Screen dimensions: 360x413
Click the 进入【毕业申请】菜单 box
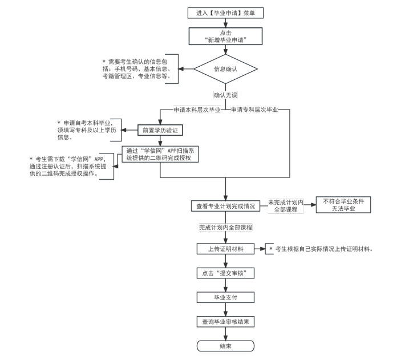click(225, 12)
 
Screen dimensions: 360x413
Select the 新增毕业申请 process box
click(225, 37)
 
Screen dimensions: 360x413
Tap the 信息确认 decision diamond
click(225, 70)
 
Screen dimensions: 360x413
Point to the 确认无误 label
click(225, 95)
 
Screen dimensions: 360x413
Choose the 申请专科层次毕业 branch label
click(254, 110)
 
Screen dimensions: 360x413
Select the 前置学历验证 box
click(161, 130)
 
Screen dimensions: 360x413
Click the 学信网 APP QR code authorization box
click(161, 155)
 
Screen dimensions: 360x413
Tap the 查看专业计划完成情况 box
click(225, 206)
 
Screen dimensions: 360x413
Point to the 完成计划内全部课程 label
click(225, 228)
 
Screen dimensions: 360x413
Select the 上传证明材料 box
click(225, 249)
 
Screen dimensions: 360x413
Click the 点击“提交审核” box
click(225, 273)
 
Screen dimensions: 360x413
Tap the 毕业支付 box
click(225, 297)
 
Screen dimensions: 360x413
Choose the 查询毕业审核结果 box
click(225, 322)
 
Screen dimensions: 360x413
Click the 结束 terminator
click(225, 346)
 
